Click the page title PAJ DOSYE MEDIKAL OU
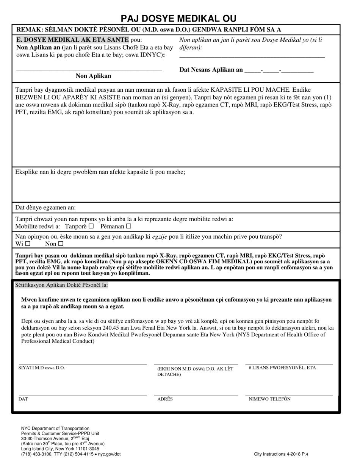coord(178,19)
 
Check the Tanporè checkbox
coord(91,227)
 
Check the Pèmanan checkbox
coord(128,227)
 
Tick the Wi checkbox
coord(28,244)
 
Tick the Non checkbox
coord(61,244)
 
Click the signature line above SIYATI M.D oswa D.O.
coord(83,363)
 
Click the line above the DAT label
coord(83,395)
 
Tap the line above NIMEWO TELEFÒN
coord(289,395)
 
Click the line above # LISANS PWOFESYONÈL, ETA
coord(289,363)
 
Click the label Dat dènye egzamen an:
coord(45,208)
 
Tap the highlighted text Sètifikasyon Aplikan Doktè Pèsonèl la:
coord(61,285)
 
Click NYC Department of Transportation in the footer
coord(55,428)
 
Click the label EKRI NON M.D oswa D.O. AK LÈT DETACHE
coord(195,372)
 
